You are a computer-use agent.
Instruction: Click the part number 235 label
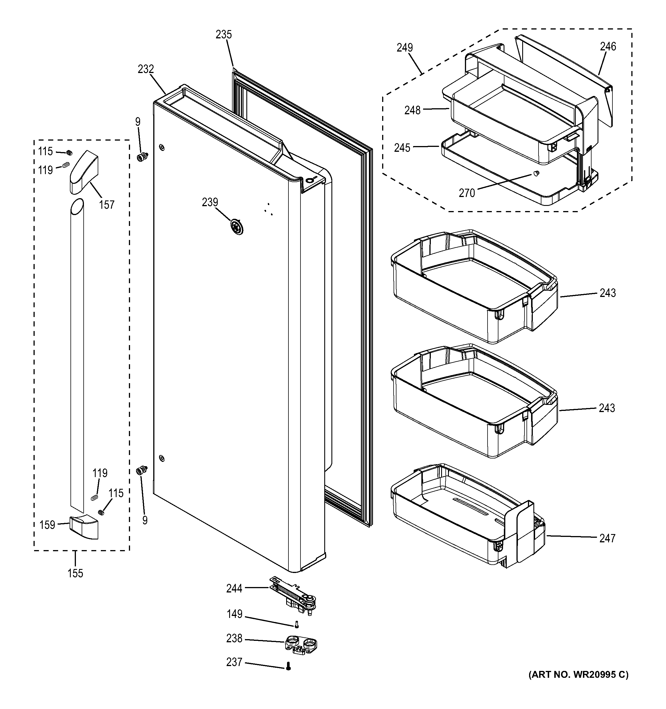click(224, 35)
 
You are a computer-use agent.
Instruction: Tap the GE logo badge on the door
click(236, 227)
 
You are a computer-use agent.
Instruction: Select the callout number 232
click(146, 69)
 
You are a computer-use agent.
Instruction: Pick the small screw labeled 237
click(288, 666)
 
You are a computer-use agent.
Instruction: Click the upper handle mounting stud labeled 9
click(142, 156)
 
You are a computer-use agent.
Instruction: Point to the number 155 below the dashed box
click(75, 574)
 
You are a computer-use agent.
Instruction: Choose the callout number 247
click(608, 538)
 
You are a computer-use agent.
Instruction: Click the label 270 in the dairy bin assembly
click(467, 193)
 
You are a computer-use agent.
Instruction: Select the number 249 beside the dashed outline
click(404, 48)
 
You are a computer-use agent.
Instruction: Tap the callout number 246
click(608, 46)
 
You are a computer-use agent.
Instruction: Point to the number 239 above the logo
click(210, 202)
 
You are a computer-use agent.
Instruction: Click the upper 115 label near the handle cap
click(46, 151)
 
